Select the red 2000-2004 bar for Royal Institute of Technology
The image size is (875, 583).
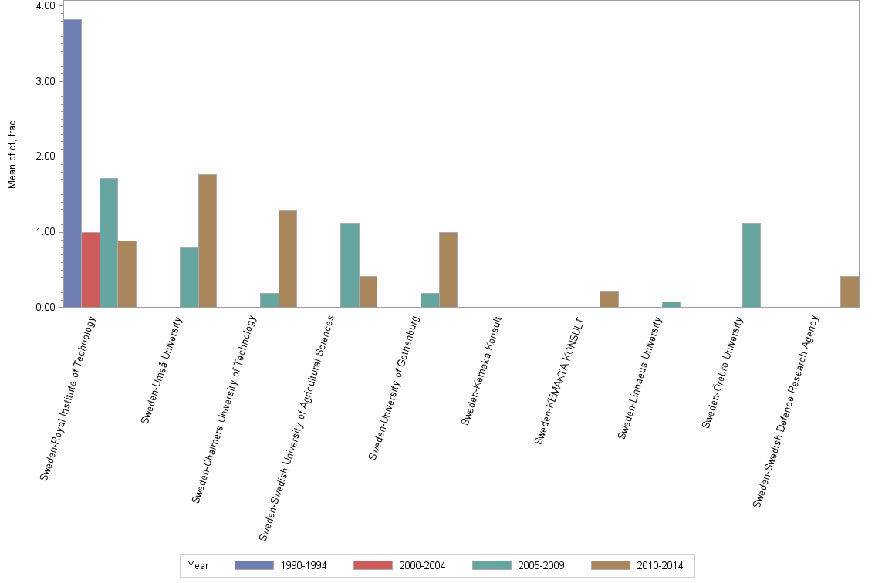click(x=90, y=270)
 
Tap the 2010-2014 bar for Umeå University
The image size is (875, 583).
click(x=208, y=241)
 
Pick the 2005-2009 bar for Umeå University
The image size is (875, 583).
click(x=189, y=277)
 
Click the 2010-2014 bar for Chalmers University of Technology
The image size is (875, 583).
click(x=288, y=258)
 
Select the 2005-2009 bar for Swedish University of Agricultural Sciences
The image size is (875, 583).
click(x=350, y=265)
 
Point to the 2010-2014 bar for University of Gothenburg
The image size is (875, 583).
click(x=448, y=270)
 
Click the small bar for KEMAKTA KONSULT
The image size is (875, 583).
click(x=609, y=299)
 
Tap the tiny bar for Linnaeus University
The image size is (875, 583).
click(x=671, y=305)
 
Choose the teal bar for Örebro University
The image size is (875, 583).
click(x=752, y=265)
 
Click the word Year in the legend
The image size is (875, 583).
click(x=198, y=565)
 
